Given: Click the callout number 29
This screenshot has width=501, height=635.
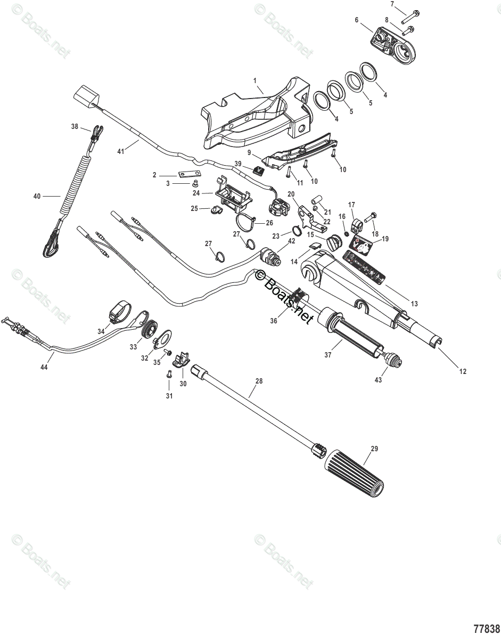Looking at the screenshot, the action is (374, 449).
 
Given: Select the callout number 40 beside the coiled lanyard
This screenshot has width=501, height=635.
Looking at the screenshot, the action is (37, 196).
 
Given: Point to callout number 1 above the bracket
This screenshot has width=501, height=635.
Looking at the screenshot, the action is (255, 80).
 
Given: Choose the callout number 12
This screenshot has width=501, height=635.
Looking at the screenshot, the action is (463, 371).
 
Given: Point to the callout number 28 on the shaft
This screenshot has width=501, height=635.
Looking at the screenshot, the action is (259, 381).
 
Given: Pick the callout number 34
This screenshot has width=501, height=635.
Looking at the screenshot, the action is (101, 331).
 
